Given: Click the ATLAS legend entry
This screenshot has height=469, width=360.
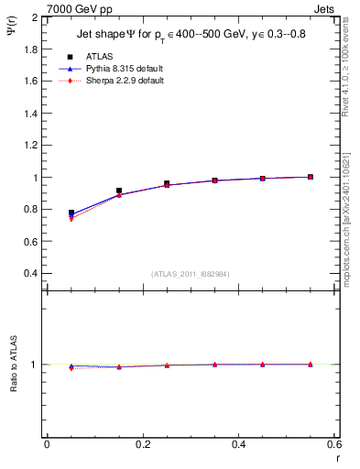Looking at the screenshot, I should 92,56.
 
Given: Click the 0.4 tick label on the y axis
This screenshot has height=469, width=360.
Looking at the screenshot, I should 30,274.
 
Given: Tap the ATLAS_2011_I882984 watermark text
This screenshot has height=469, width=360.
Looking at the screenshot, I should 190,274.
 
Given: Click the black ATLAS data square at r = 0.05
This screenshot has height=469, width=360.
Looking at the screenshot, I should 71,213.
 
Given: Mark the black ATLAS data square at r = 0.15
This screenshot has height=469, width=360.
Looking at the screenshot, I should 119,191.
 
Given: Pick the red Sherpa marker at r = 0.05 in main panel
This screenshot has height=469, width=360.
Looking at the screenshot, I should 71,219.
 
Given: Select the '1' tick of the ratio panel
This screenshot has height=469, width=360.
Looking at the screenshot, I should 35,365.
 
